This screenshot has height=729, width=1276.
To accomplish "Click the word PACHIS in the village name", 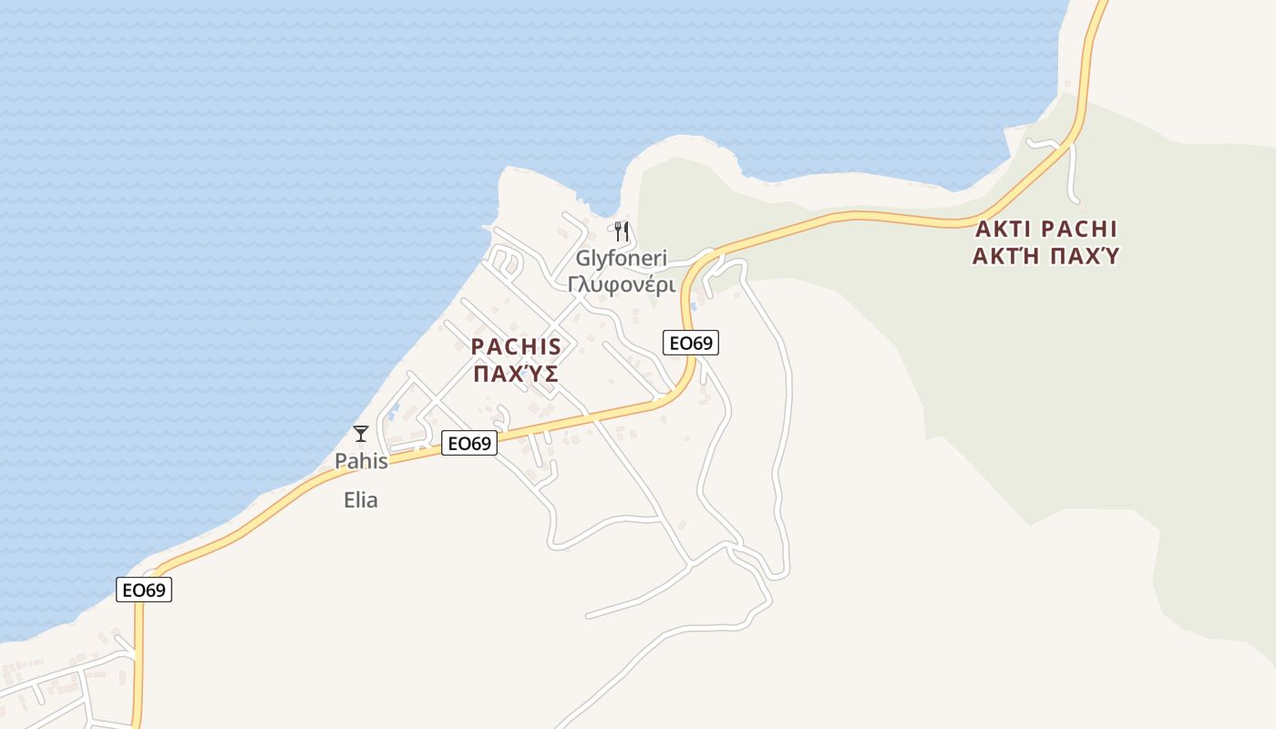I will [516, 347].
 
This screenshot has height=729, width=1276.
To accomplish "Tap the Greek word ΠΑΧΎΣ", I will [516, 374].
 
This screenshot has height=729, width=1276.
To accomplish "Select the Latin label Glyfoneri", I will [621, 258].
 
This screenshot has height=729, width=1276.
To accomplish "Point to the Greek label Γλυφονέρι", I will [621, 285].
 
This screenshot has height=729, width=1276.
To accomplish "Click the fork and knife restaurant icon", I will [622, 231].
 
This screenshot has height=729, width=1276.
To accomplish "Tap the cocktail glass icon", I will [361, 434].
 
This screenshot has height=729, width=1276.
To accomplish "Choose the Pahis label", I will [361, 461].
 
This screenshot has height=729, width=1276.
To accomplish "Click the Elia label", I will [361, 500].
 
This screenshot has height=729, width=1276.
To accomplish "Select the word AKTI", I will [1003, 229].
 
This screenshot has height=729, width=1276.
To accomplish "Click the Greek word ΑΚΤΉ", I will [1005, 256].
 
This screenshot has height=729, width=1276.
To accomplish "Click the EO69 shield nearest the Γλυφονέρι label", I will [690, 343].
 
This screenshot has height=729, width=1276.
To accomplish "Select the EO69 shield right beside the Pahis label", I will [468, 444].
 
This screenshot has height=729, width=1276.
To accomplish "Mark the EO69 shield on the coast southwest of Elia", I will [144, 590].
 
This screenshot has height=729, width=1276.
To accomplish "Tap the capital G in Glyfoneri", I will [582, 258].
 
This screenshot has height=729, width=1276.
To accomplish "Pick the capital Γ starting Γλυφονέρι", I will [574, 285].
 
